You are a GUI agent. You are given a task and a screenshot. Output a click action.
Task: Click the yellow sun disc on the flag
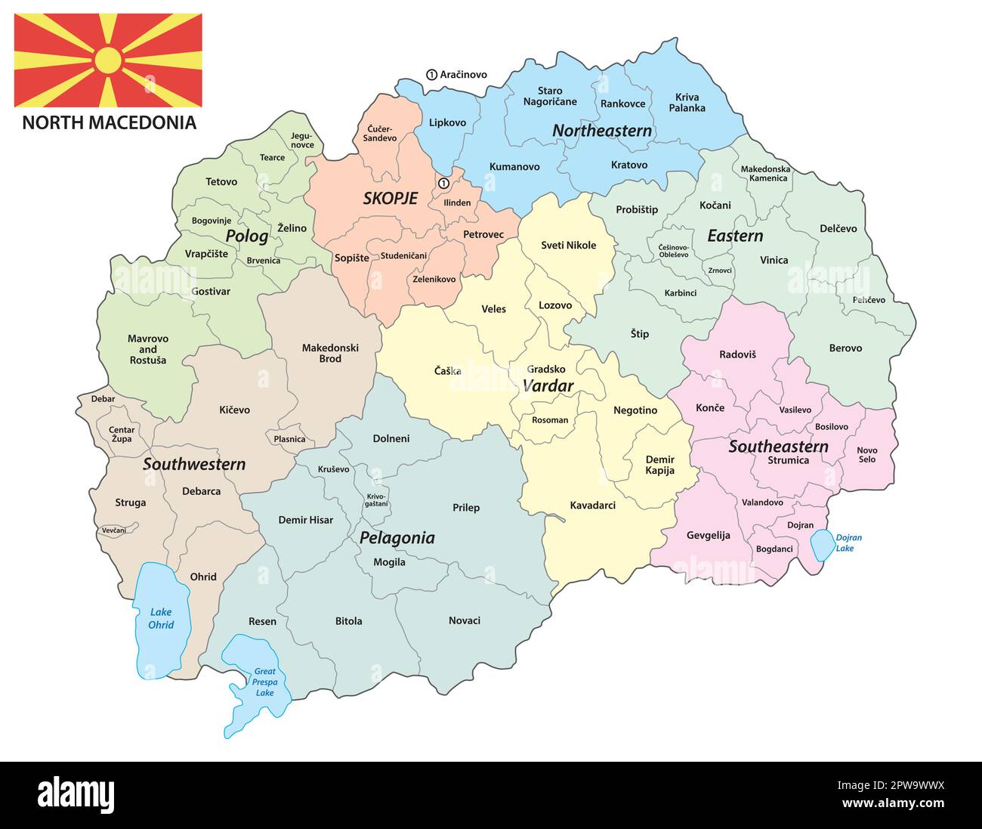[x=108, y=60]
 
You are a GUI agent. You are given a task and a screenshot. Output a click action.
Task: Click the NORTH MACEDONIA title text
[x=109, y=122]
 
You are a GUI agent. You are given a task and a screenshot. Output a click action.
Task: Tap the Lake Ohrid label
[x=161, y=618]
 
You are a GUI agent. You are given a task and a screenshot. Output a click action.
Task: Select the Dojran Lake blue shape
[x=821, y=546]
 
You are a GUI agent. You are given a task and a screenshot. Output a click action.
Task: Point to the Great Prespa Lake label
[x=264, y=682]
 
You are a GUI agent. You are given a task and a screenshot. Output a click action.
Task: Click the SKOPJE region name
[x=390, y=199]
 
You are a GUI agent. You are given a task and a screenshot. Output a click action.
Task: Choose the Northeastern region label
[x=601, y=131]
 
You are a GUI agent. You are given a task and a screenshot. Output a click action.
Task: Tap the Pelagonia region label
[x=397, y=538]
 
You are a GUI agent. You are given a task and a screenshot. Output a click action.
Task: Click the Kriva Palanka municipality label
[x=687, y=102]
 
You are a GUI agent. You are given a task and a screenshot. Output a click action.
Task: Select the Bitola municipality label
[x=348, y=621]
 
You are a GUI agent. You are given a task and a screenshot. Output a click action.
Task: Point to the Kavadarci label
[x=592, y=505]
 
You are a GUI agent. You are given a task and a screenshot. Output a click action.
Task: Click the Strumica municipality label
[x=788, y=460]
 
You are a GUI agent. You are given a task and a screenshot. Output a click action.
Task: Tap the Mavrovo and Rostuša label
[x=148, y=349]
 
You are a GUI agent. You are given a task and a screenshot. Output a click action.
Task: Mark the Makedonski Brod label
[x=330, y=353]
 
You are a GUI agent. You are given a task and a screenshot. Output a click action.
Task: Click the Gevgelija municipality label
[x=708, y=535]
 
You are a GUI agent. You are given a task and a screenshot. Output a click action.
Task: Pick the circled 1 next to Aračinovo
[x=431, y=75]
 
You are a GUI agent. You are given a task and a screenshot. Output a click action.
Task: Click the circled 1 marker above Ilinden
[x=443, y=183]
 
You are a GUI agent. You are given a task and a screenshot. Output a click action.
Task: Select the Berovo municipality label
[x=845, y=348]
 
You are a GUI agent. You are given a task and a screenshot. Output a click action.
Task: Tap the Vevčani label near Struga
[x=114, y=530]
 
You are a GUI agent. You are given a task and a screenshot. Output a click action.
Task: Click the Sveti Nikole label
[x=568, y=245]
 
